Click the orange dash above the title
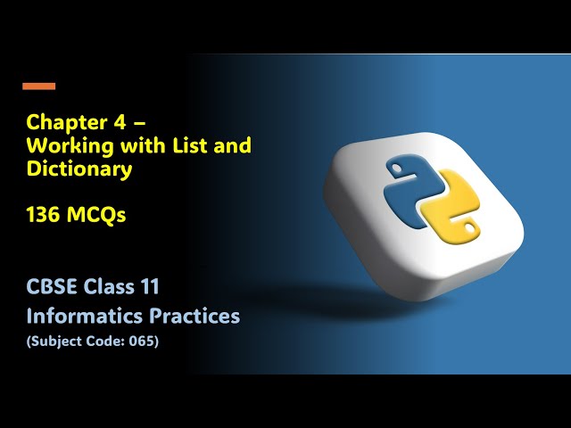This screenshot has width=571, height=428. [38, 86]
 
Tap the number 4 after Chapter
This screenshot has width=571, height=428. [107, 122]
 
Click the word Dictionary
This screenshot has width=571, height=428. [79, 169]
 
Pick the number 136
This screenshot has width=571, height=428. [45, 215]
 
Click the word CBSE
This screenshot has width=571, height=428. [53, 288]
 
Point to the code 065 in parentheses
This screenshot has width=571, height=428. [143, 340]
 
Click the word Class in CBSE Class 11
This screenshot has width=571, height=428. [112, 288]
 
